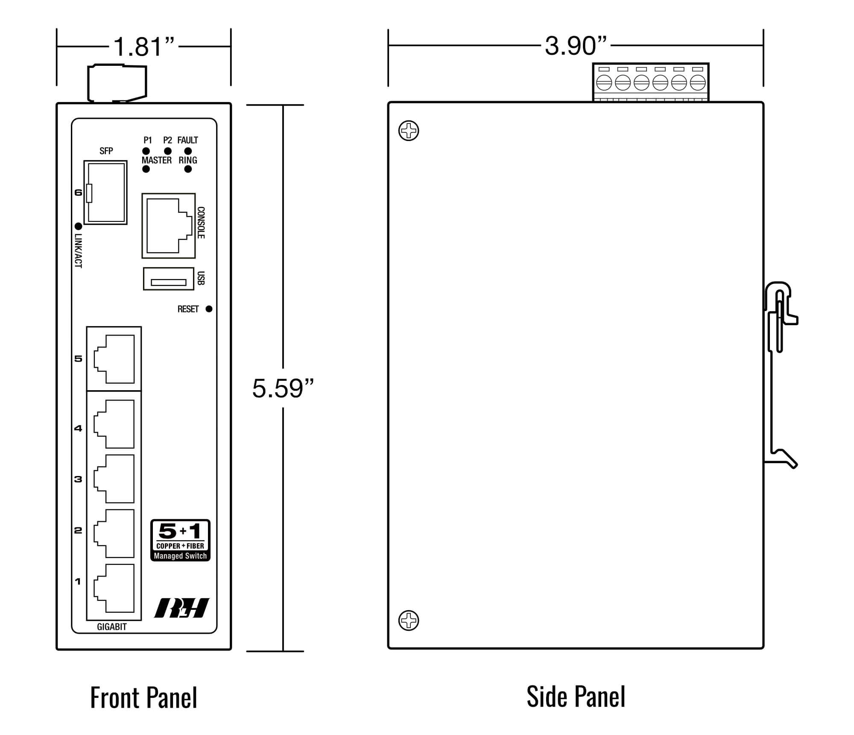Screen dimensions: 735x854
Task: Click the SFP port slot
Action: point(105,192)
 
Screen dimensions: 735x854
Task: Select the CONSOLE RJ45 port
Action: point(168,226)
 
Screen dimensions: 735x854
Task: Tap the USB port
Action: point(168,279)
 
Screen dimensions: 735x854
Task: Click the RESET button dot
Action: point(209,309)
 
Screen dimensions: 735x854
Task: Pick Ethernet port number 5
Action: point(114,359)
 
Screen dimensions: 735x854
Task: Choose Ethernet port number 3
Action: point(114,479)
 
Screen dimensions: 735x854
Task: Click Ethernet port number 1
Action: point(114,588)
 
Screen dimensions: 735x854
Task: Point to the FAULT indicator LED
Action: point(188,151)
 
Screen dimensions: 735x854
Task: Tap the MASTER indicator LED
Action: point(146,169)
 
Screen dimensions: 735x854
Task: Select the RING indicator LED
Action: point(188,169)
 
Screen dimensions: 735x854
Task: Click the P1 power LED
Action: point(146,151)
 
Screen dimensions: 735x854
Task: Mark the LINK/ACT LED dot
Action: point(78,226)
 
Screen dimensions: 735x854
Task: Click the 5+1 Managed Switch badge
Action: point(180,540)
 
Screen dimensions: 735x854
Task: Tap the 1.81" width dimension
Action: point(144,46)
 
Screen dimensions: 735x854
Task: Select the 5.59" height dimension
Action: point(283,388)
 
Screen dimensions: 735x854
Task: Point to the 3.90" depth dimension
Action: point(576,45)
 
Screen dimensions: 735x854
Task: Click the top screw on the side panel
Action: point(409,131)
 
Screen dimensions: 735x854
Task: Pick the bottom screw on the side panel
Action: point(409,620)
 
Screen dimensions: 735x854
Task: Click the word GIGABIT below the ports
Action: point(112,627)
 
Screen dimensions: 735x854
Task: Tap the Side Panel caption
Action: point(576,697)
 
